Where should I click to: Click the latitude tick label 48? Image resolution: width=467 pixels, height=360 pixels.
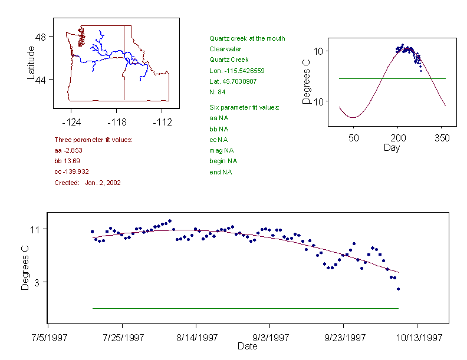pyautogui.click(x=41, y=37)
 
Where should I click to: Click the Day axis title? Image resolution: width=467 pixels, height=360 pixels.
pyautogui.click(x=392, y=147)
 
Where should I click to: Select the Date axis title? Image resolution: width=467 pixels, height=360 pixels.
pyautogui.click(x=248, y=346)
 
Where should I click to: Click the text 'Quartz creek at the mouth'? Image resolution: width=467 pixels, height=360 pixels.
pyautogui.click(x=247, y=38)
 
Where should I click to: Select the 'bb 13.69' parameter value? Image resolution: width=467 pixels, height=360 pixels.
pyautogui.click(x=67, y=161)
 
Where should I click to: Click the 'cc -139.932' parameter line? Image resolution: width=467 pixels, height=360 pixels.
pyautogui.click(x=71, y=171)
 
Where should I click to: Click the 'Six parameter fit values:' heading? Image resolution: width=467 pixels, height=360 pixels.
pyautogui.click(x=244, y=107)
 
